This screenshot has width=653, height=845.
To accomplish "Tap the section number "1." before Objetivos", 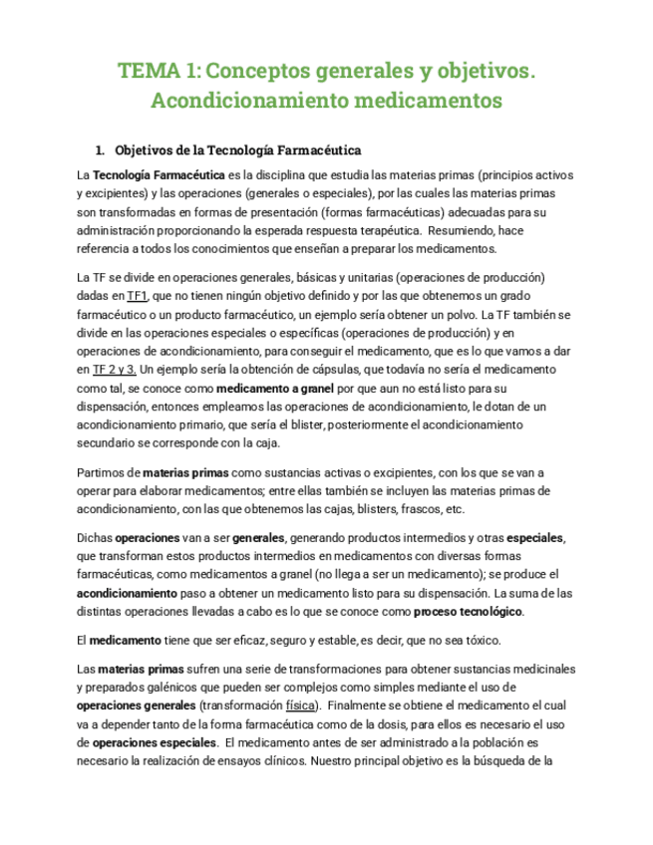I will pyautogui.click(x=100, y=150).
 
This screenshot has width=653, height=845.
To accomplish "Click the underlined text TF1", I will pyautogui.click(x=138, y=296).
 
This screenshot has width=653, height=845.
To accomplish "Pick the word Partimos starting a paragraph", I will pyautogui.click(x=100, y=472).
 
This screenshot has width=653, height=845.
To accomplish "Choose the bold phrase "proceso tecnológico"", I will pyautogui.click(x=468, y=611).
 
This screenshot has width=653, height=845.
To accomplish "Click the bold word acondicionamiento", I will pyautogui.click(x=129, y=592).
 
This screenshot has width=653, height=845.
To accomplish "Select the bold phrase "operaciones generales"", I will pyautogui.click(x=137, y=705).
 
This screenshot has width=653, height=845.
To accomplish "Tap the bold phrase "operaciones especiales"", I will pyautogui.click(x=155, y=743).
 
